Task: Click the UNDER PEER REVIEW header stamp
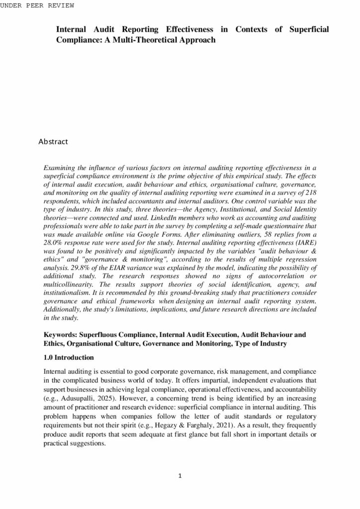click(x=37, y=5)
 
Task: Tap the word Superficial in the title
click(x=306, y=30)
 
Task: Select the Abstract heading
click(x=53, y=142)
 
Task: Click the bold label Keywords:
click(x=61, y=335)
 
